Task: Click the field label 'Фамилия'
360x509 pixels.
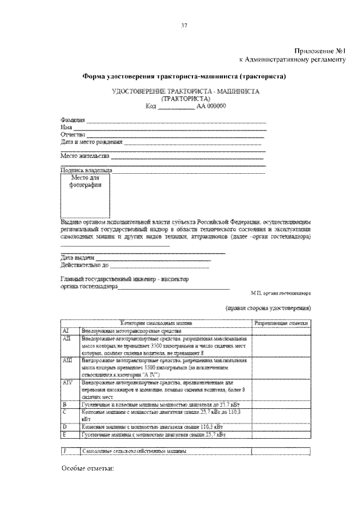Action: click(72, 120)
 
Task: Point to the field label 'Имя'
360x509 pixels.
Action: click(65, 128)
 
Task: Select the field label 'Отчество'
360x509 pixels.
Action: click(72, 135)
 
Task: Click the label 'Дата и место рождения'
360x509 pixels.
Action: click(91, 142)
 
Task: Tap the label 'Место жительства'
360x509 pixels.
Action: click(84, 155)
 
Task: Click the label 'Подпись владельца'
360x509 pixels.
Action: click(86, 169)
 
